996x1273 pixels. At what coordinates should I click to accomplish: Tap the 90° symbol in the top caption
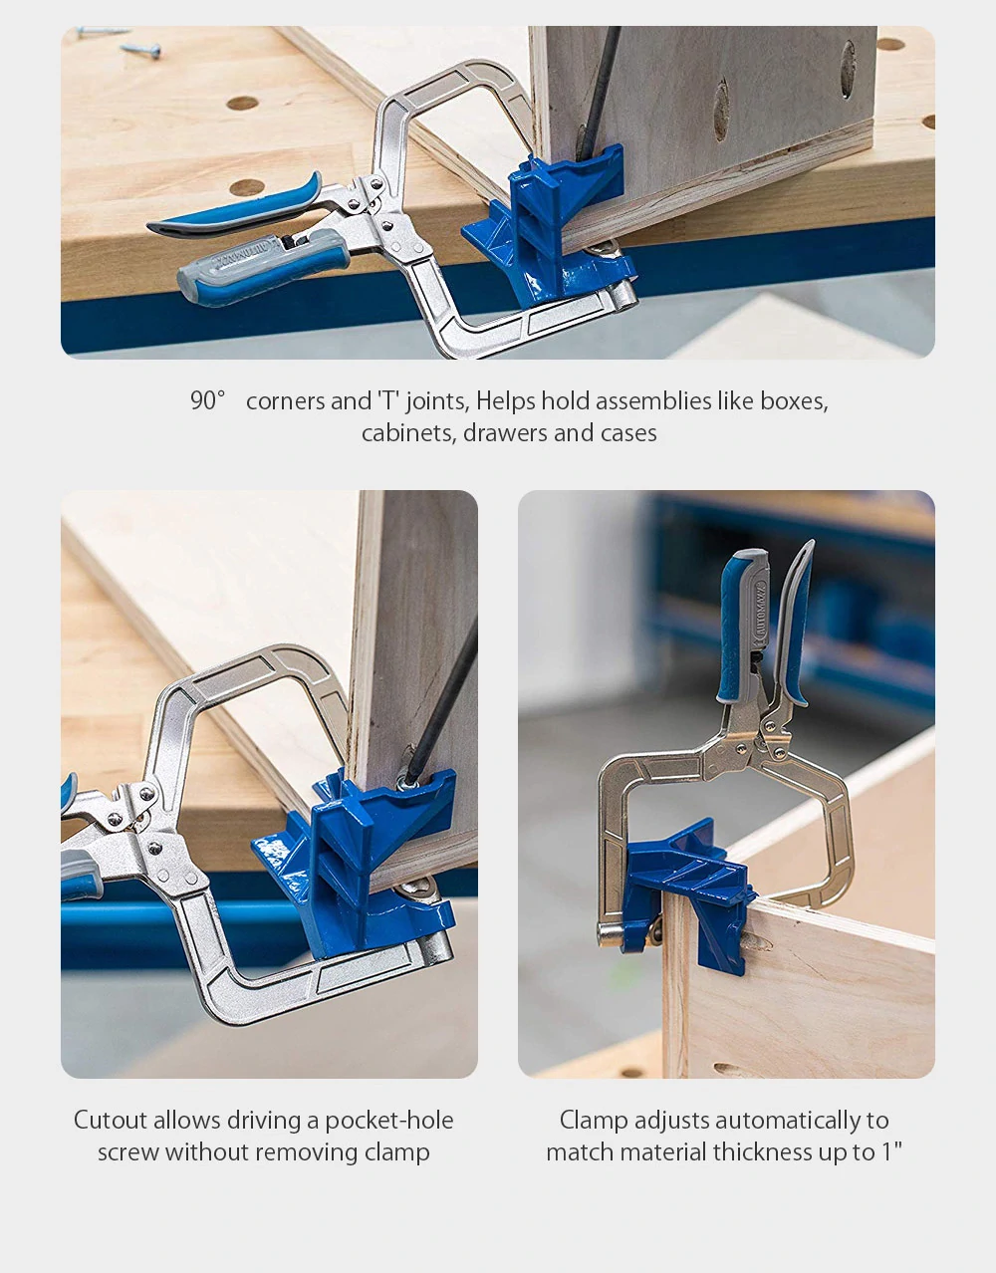[x=208, y=400]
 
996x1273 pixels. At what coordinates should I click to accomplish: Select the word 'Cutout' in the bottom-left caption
[x=111, y=1120]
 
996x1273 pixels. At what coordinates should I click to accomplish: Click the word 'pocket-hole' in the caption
[x=389, y=1121]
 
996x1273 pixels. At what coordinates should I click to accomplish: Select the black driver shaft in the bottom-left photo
[x=442, y=702]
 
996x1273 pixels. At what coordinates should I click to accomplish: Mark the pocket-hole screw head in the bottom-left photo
[x=405, y=782]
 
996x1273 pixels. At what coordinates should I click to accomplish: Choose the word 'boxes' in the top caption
[x=794, y=400]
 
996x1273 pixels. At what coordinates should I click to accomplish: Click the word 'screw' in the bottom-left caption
[x=128, y=1153]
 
